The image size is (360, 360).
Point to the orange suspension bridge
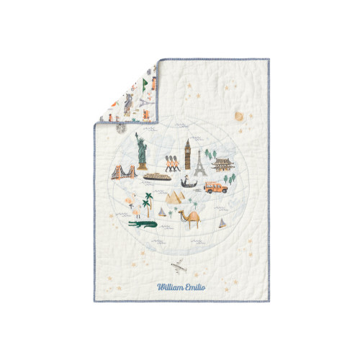(x=124, y=171)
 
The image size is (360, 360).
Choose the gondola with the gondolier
(x=187, y=184)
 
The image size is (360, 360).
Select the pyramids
(x=175, y=197)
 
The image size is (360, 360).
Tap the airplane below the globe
(x=181, y=266)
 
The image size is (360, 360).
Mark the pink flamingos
(x=134, y=206)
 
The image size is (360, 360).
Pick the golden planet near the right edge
(x=238, y=117)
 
